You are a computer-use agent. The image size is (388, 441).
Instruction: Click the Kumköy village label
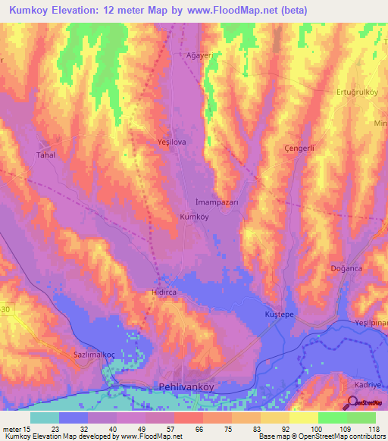point(194,217)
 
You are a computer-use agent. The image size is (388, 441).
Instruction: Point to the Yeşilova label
point(171,142)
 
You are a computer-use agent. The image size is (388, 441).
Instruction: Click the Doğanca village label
point(347,268)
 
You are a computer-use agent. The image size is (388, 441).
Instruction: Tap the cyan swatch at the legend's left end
point(45,417)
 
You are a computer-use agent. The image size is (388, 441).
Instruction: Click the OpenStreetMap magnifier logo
point(354,403)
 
